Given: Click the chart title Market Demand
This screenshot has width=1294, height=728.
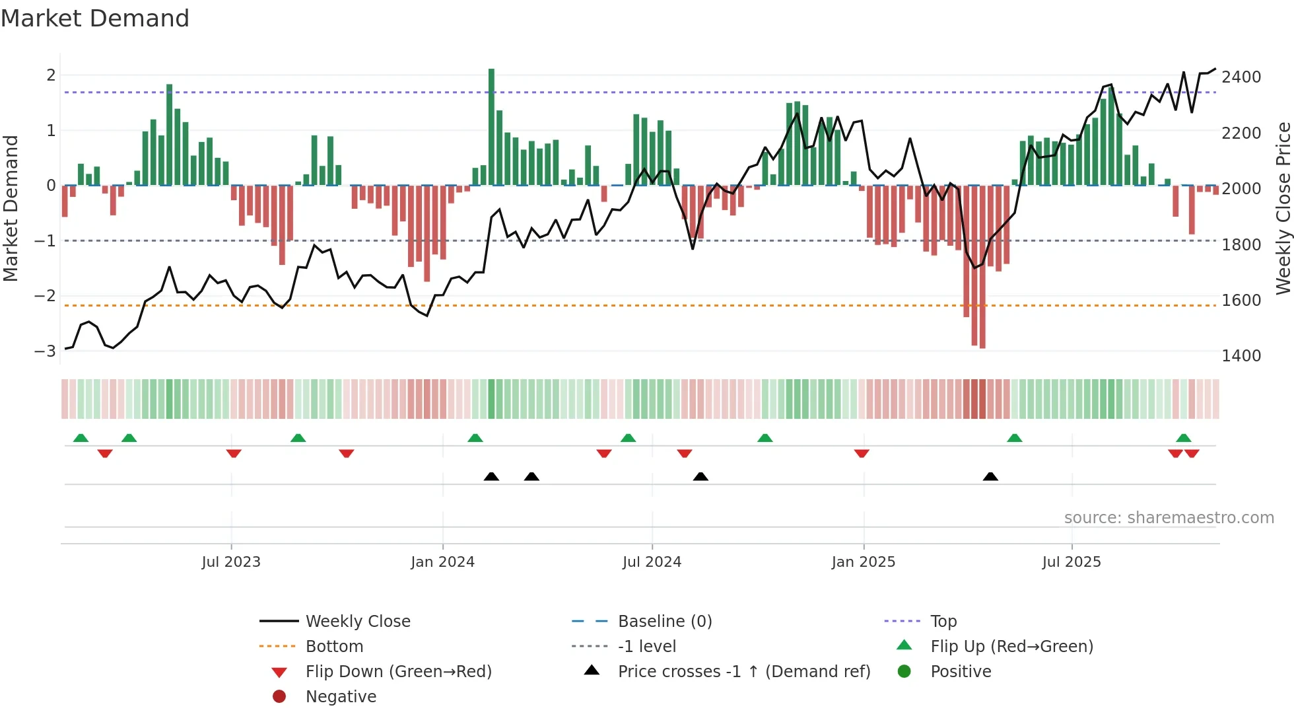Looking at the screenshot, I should pos(95,18).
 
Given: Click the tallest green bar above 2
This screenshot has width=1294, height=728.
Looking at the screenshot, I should pos(491,126).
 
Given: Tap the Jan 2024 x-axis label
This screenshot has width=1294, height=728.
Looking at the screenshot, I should pos(442,562).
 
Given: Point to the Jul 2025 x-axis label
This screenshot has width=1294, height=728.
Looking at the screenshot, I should pos(1072,562).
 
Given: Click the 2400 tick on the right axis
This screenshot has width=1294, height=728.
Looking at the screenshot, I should pos(1241,77).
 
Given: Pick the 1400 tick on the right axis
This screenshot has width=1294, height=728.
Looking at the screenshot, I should pos(1241,356).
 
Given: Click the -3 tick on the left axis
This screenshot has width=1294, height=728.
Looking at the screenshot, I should pos(45,351).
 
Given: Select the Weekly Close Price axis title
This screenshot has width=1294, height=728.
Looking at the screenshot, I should pos(1283,208).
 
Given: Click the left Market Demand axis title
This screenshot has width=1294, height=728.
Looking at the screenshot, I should pos(11,208).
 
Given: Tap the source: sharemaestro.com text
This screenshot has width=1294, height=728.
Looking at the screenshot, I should pos(1169,518).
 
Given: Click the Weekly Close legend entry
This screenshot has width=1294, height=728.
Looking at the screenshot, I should pos(357,621).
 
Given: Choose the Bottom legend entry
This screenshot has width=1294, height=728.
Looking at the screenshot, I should pos(334,646).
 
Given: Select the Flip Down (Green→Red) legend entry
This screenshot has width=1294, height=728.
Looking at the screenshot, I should pos(398,671).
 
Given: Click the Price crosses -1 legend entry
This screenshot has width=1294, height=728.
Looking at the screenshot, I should pos(743,671).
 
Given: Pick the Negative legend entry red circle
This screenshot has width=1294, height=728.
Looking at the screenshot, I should pos(279,696).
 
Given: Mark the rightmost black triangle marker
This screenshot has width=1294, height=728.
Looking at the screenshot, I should pos(990,476).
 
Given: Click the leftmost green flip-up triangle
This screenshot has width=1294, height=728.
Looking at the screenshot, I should pos(81,438).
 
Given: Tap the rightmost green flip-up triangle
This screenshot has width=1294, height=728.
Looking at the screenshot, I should pos(1184,438).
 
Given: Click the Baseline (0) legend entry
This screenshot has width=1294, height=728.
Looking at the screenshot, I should pos(664,621).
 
